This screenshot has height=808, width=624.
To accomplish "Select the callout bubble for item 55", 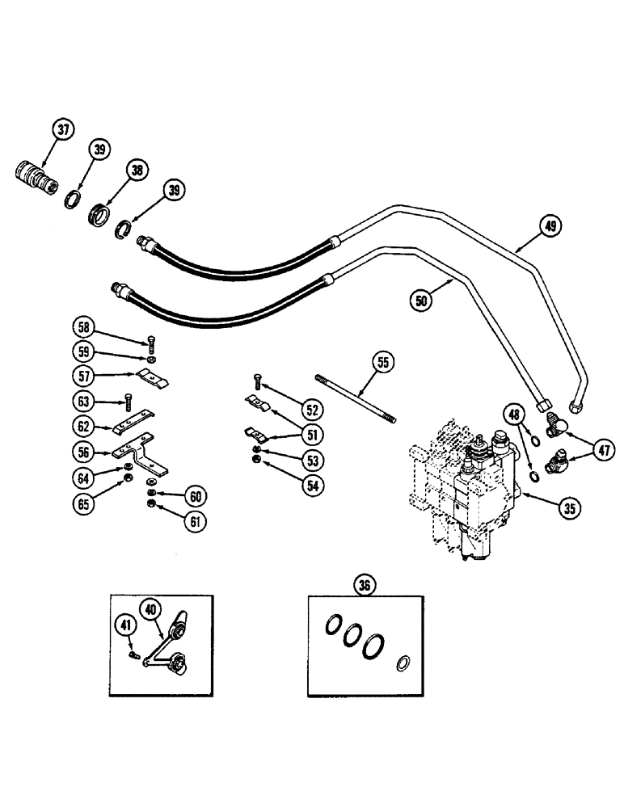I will click(x=384, y=363).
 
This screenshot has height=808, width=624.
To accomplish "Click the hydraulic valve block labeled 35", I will click(x=465, y=493).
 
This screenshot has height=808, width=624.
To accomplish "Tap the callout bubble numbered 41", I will click(x=123, y=623).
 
